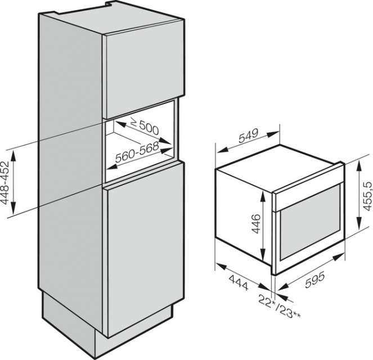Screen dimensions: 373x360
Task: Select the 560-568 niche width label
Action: coord(137,152)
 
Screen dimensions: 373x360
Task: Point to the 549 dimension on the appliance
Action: coord(248,136)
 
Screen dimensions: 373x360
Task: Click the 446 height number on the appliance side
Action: coord(256,224)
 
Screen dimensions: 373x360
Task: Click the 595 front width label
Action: coord(314,280)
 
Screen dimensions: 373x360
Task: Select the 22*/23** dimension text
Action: coord(279,306)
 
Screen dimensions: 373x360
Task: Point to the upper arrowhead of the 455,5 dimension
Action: coord(359,165)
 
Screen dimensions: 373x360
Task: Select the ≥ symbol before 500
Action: coord(134,123)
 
